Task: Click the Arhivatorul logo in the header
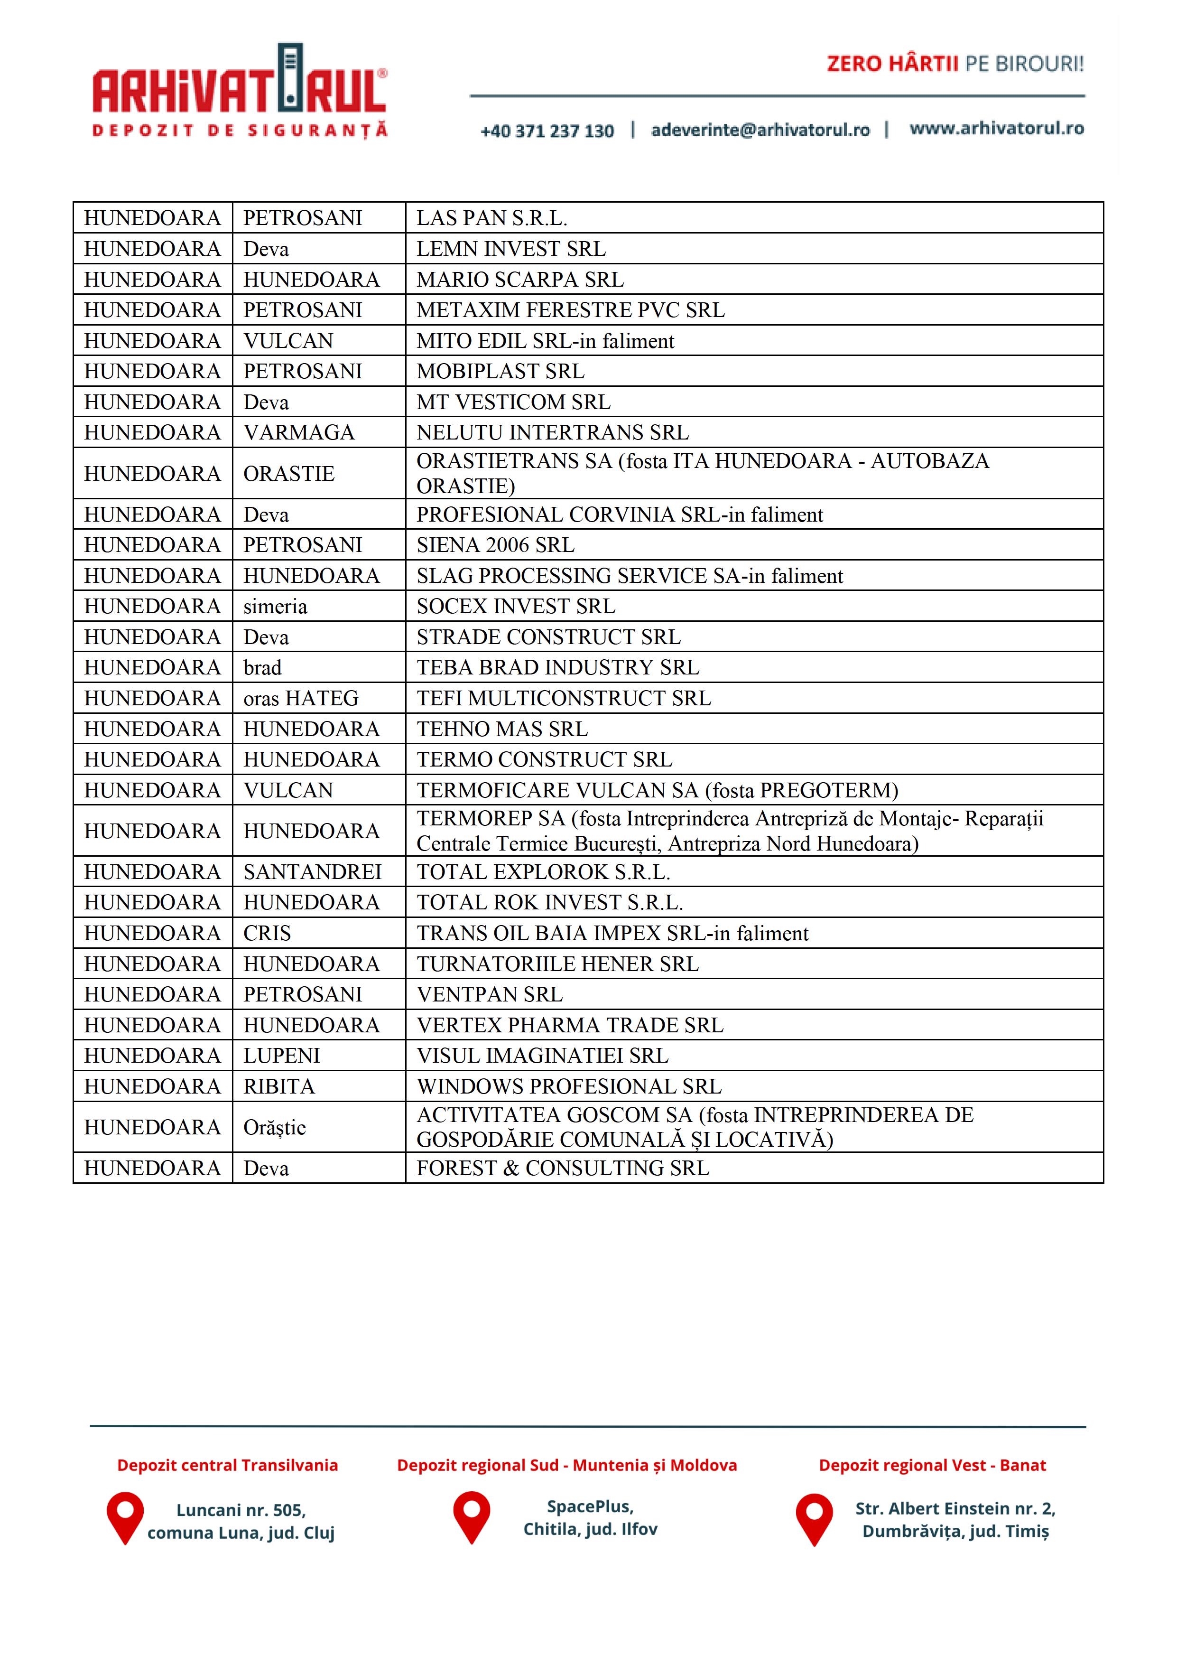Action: [x=239, y=91]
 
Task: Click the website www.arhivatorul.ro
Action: [x=997, y=128]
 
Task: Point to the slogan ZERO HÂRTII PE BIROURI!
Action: [x=955, y=64]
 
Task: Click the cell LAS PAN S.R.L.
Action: [x=491, y=217]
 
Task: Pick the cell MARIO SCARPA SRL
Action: [x=519, y=279]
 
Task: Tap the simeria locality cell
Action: [x=276, y=606]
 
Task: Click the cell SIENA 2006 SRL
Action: [x=495, y=544]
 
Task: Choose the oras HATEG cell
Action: [x=301, y=698]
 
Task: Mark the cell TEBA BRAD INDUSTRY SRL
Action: [x=557, y=667]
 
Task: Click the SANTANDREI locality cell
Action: [x=312, y=872]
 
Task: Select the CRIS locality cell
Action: [x=268, y=933]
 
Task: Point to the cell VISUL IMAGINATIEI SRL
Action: [x=542, y=1056]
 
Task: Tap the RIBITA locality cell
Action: [x=279, y=1086]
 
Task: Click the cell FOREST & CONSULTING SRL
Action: [x=563, y=1168]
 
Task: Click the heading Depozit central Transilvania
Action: [x=228, y=1466]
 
